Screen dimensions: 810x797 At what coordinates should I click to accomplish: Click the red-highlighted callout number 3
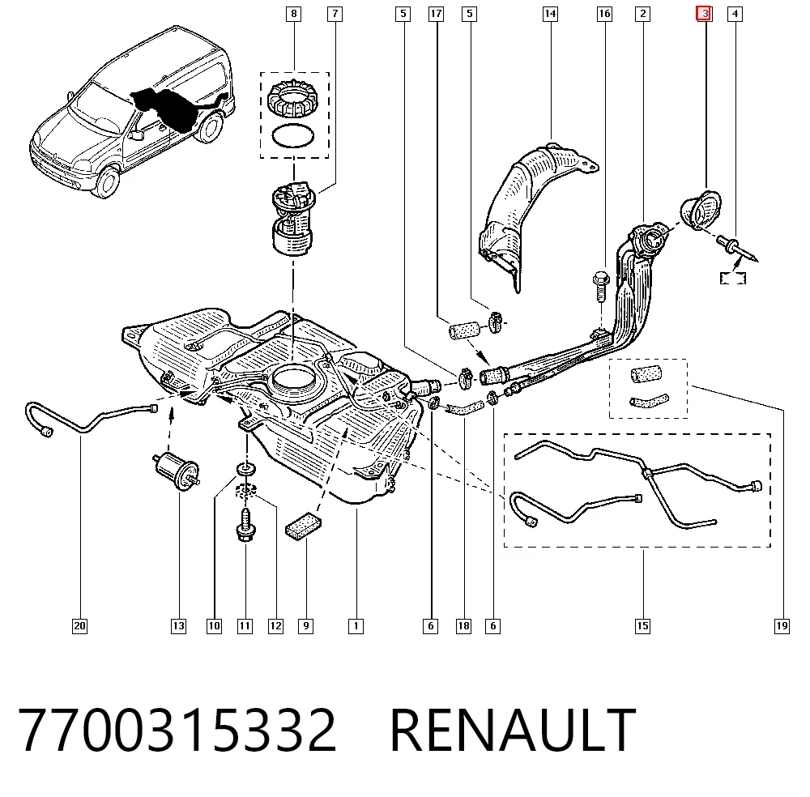[704, 14]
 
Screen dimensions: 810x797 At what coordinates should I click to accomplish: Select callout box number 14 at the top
[550, 14]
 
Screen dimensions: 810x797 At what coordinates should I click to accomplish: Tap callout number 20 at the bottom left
[79, 626]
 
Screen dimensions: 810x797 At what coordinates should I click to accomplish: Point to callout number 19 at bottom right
[782, 626]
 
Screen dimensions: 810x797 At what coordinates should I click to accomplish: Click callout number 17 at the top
[436, 14]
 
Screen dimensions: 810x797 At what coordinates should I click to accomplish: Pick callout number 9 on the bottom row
[306, 626]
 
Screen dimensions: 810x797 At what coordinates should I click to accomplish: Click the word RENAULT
[513, 731]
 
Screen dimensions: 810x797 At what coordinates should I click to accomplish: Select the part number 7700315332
[177, 731]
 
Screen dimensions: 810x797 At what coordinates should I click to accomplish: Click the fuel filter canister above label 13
[177, 470]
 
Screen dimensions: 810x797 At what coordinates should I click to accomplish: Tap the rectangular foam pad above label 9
[303, 526]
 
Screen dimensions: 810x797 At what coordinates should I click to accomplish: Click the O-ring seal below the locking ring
[293, 136]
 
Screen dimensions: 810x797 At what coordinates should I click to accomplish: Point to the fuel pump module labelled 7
[293, 219]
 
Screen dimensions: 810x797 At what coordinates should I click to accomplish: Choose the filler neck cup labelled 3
[701, 211]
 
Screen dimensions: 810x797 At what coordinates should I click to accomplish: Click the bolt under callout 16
[601, 287]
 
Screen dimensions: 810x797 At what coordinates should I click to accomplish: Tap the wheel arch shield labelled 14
[532, 211]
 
